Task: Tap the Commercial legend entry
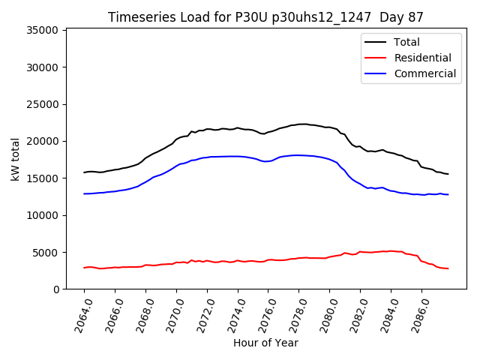(424, 73)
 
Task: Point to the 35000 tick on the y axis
(43, 30)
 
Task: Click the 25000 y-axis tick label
(43, 104)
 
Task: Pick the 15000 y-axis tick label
(43, 178)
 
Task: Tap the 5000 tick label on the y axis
(46, 253)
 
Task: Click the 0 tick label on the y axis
(55, 289)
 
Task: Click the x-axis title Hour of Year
(265, 343)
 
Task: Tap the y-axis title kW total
(15, 159)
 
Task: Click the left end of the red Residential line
(84, 268)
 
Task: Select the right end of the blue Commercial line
(448, 195)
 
